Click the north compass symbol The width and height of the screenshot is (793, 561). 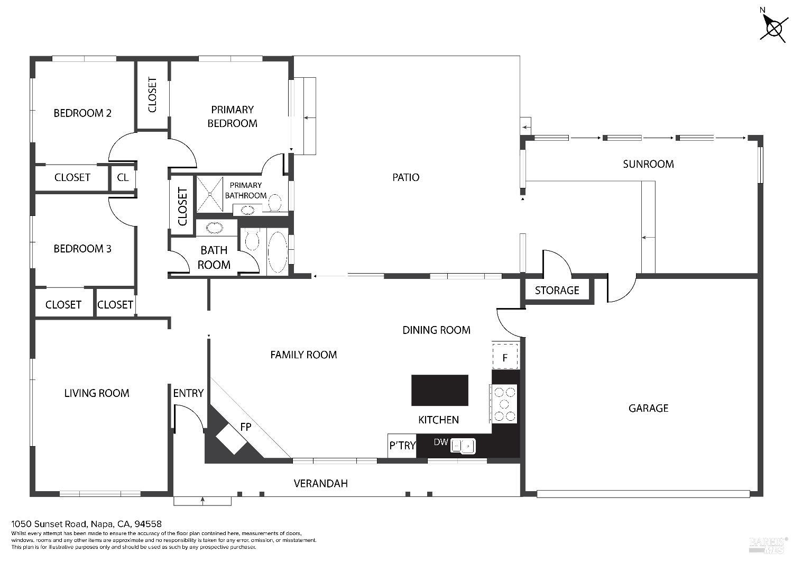click(x=774, y=27)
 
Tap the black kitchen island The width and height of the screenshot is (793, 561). click(x=439, y=390)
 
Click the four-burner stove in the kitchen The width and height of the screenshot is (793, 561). click(x=504, y=404)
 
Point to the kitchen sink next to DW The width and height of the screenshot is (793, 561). click(x=463, y=446)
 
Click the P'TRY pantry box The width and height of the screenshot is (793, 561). click(x=402, y=446)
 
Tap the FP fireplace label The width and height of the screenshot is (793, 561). click(x=245, y=427)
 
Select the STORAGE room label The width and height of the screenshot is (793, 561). click(x=557, y=291)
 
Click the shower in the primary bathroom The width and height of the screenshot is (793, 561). click(x=210, y=194)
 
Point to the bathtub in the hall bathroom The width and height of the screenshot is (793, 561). click(x=278, y=252)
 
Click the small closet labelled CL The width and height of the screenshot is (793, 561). click(x=123, y=177)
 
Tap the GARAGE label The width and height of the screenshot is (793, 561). click(x=648, y=408)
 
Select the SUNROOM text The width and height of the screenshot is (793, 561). click(x=648, y=164)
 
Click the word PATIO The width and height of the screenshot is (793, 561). click(x=405, y=177)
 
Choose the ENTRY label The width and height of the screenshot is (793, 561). click(x=188, y=393)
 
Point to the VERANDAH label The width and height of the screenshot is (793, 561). click(x=320, y=483)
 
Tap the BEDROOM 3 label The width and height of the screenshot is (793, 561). click(x=82, y=249)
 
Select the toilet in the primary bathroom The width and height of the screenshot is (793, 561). click(x=274, y=203)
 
